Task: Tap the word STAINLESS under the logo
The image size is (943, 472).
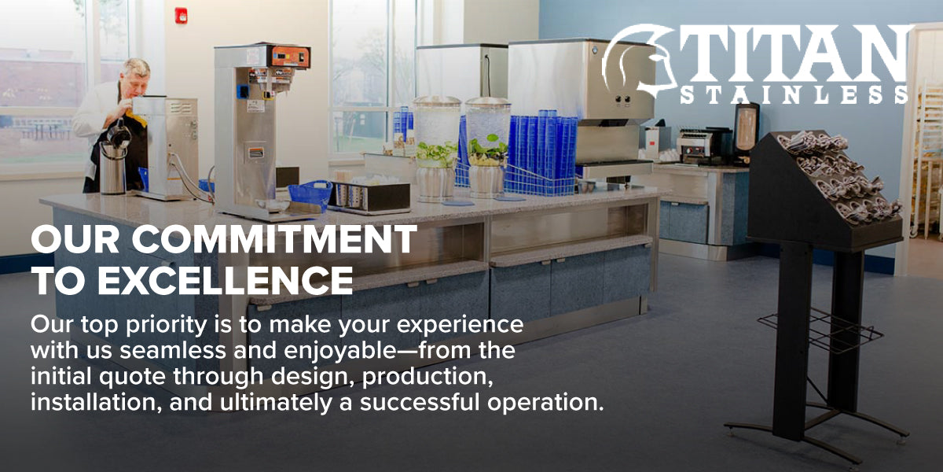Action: pos(794,95)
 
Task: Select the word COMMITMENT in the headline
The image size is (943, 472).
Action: pos(274,239)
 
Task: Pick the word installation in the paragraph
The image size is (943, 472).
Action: pos(97,402)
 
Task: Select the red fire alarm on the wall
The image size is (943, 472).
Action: pos(181,17)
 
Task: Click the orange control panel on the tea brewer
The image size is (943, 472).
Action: pos(291,57)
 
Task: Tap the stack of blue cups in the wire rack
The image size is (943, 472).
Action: pos(542,148)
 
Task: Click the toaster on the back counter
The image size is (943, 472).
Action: pos(695,146)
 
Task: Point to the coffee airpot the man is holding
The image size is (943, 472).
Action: pos(113,162)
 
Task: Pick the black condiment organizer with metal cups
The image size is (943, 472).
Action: pos(369,197)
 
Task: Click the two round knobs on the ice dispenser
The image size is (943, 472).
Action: pos(622,99)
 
